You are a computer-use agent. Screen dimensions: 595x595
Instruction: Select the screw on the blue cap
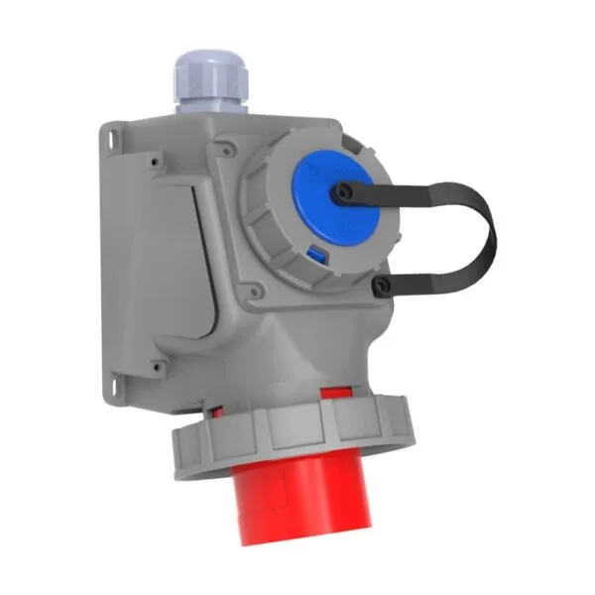point(343,192)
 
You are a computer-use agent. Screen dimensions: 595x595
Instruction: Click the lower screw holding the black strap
point(380,287)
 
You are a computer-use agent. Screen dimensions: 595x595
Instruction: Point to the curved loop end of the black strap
point(490,234)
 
